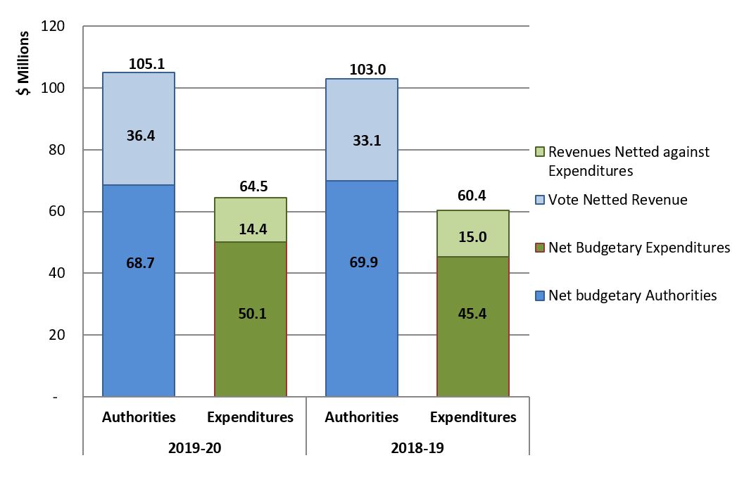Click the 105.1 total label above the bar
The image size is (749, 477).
point(146,64)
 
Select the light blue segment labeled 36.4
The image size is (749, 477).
point(139,129)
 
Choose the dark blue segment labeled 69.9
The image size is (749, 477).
point(362,288)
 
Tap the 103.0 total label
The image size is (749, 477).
point(368,70)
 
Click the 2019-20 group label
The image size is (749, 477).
point(194,446)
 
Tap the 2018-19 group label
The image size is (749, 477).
point(417,446)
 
